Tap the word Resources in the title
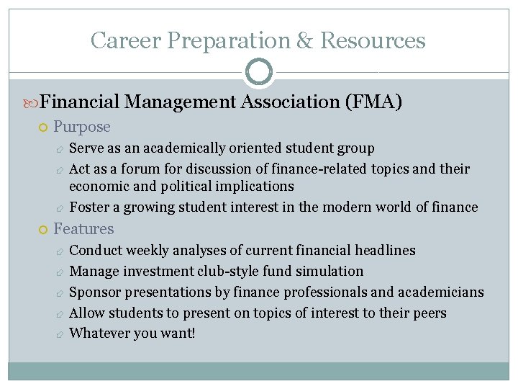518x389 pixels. (373, 40)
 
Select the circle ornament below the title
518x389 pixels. (259, 72)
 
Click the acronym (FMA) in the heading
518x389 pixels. (373, 102)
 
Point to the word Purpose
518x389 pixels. (82, 127)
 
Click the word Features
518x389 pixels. (83, 229)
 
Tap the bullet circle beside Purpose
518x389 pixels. (42, 128)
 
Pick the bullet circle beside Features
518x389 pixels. (42, 230)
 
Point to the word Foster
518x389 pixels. (89, 207)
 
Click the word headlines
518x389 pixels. (385, 251)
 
